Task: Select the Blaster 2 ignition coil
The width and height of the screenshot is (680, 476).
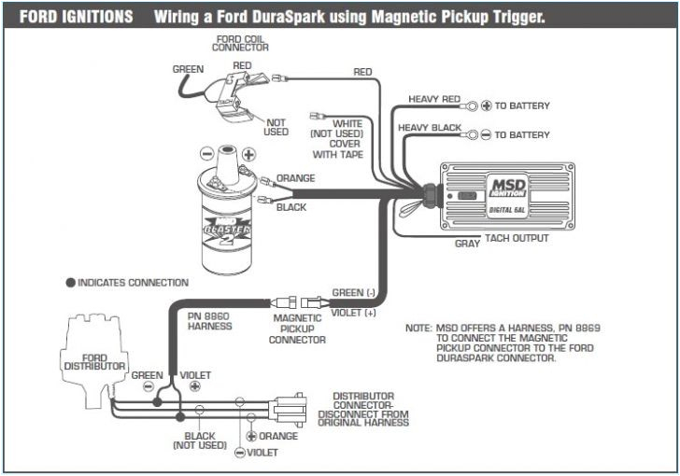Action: click(x=227, y=208)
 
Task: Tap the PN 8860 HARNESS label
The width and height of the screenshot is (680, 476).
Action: click(x=209, y=322)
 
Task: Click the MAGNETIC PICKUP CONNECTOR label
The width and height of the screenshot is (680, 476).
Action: click(x=296, y=329)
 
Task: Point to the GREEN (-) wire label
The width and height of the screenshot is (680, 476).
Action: click(x=354, y=292)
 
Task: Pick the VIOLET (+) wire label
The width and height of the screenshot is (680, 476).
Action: click(x=354, y=313)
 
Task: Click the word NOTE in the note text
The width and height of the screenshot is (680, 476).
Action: click(x=417, y=329)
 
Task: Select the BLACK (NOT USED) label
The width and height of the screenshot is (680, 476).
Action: click(x=199, y=441)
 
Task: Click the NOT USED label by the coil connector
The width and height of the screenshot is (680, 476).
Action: click(x=276, y=127)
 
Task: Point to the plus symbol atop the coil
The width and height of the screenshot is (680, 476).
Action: click(x=248, y=154)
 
